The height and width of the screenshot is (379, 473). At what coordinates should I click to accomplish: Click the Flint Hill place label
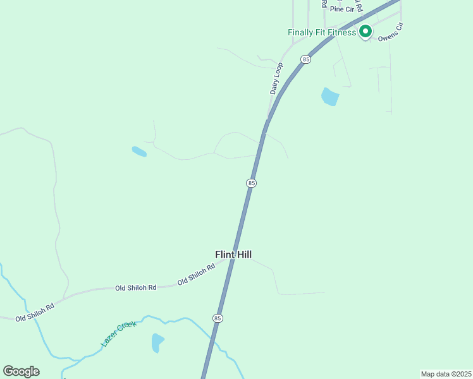point(233,255)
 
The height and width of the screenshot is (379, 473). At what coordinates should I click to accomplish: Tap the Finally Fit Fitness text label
point(322,32)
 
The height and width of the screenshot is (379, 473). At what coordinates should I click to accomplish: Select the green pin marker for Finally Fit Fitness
point(365,31)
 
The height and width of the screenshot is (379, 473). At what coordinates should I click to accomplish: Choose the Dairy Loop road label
point(276,78)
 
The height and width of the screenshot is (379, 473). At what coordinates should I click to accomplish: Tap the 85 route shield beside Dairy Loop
point(306,59)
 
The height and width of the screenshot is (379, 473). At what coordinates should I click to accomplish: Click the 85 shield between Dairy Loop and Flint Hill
point(252,183)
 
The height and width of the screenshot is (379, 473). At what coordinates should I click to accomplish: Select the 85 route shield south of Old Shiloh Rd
point(218,318)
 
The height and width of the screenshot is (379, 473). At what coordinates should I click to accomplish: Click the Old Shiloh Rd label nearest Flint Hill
point(197,274)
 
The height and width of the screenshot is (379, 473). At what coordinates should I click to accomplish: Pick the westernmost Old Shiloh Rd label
point(35,312)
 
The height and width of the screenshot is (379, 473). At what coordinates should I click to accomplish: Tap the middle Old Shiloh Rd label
point(135,288)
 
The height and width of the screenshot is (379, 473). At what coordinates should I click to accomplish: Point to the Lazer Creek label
point(118,334)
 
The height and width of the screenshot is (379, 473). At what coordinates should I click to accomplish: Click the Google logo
point(21,371)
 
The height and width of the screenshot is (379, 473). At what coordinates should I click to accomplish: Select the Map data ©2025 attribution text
point(446,374)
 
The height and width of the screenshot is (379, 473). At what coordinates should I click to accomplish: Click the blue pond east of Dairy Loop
point(329,97)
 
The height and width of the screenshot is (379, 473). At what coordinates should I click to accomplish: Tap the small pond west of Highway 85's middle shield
point(139,152)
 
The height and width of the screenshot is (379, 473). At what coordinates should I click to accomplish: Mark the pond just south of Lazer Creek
point(157,342)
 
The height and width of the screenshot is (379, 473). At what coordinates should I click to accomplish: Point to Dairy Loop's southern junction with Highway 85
point(268,119)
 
